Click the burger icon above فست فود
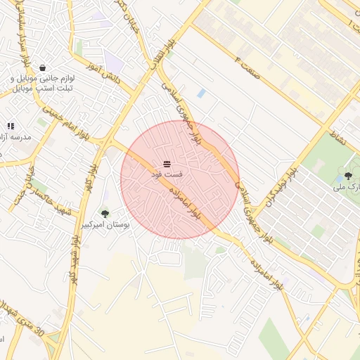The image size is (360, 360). (x=166, y=163)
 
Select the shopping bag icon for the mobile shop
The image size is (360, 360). (x=44, y=68)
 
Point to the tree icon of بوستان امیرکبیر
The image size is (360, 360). (x=105, y=214)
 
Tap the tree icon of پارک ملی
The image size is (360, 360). (x=348, y=176)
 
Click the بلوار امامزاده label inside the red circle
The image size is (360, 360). (x=185, y=204)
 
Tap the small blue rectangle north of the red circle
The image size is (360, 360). (x=202, y=93)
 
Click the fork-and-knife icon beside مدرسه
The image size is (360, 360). (x=11, y=126)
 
